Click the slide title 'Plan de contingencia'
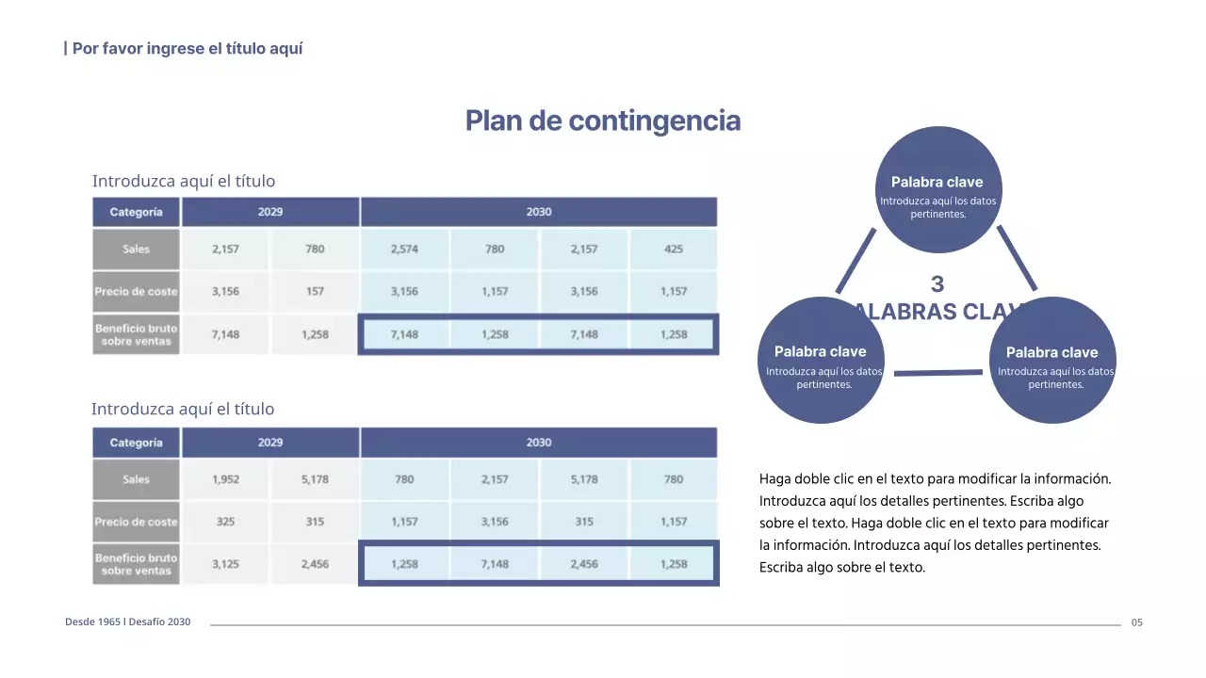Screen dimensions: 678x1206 pos(603,121)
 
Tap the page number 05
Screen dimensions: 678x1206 pos(1137,622)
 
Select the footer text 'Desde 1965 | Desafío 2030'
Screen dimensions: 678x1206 pos(127,622)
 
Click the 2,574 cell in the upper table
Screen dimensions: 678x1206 pos(404,250)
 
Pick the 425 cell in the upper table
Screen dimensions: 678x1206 pos(674,250)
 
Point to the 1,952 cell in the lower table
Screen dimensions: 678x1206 pos(225,479)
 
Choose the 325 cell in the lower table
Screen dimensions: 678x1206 pos(225,522)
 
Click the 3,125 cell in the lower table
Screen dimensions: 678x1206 pos(225,564)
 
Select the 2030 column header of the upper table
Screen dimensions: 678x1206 pos(539,212)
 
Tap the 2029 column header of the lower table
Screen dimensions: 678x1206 pos(270,443)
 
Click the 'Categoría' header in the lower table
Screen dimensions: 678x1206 pos(137,443)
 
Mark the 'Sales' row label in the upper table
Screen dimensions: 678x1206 pos(137,250)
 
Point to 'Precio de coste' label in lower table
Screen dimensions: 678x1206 pos(137,522)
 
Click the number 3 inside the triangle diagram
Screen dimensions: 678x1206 pos(937,283)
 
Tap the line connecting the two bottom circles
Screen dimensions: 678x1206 pos(937,373)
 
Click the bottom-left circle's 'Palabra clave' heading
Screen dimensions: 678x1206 pos(820,351)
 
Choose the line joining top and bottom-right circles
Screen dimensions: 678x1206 pos(1018,257)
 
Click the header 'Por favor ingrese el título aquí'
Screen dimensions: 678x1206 pos(187,48)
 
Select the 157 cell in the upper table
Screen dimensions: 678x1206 pos(315,292)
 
